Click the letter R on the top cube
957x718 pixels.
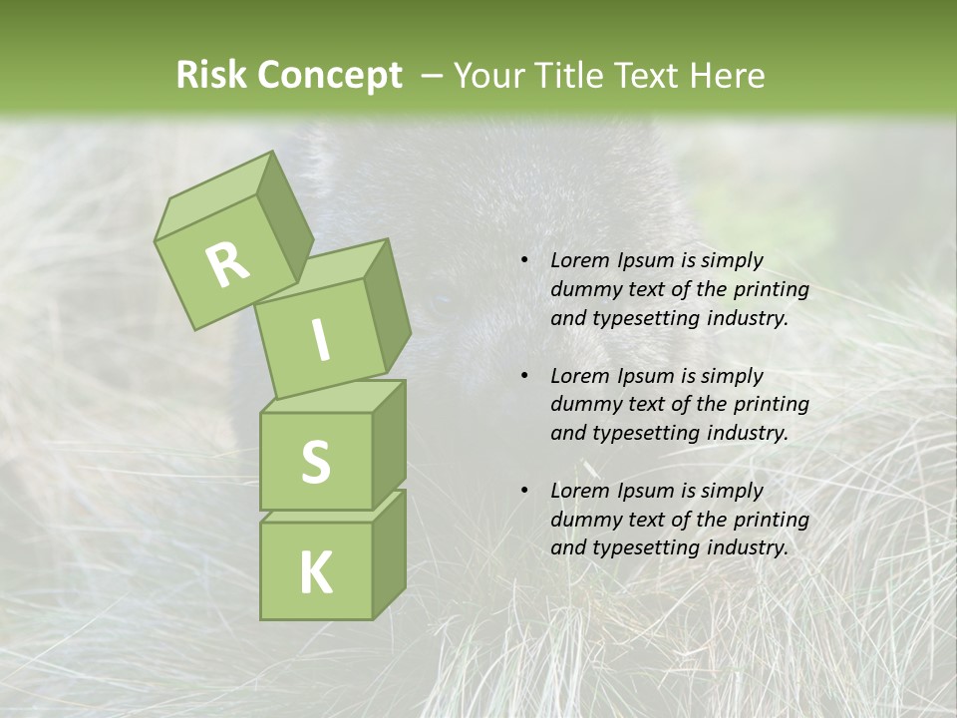pos(227,263)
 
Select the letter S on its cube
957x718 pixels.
pos(315,462)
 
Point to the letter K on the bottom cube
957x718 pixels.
pos(315,573)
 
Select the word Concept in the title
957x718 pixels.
pos(329,76)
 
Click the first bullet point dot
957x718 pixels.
pos(524,261)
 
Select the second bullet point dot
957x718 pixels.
pos(524,376)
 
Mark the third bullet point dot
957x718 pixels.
pos(524,491)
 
